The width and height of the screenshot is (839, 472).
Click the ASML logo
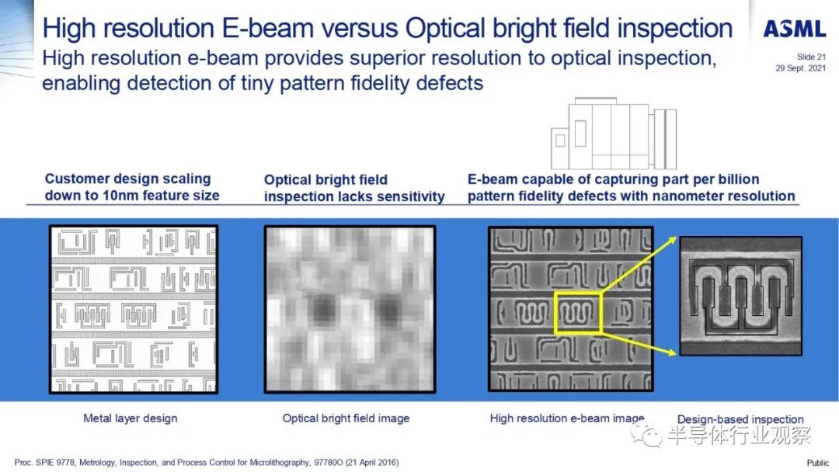coord(795,29)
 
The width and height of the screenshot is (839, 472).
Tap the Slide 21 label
coord(811,57)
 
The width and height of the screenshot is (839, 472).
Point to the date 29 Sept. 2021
coord(800,68)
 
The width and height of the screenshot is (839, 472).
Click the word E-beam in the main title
coord(267,28)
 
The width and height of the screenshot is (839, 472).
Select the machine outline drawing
coord(614,134)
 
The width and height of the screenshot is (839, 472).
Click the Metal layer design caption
coord(130,418)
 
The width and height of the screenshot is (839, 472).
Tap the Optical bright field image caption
coord(346,418)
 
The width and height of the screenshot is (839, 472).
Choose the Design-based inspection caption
coord(740,419)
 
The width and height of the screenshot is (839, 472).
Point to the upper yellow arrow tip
coord(676,238)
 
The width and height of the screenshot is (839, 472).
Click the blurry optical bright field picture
coord(350,309)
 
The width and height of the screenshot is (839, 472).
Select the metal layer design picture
coord(134,309)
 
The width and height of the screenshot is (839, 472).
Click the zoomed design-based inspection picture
coord(741,296)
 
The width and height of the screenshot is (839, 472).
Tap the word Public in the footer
coord(817,463)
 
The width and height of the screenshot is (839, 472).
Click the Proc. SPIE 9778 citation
coord(207,463)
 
